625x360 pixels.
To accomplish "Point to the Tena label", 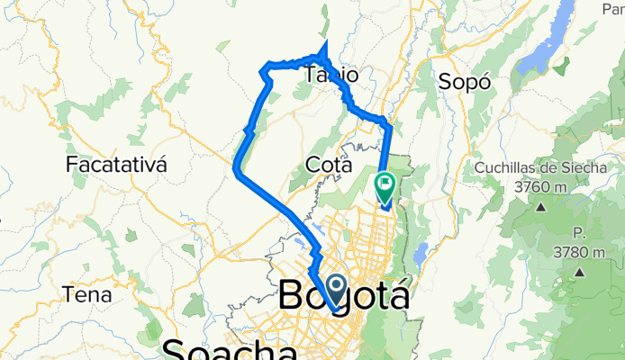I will click(x=87, y=294).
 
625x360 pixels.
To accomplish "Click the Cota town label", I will click(x=329, y=165).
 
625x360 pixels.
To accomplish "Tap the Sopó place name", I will click(x=466, y=81).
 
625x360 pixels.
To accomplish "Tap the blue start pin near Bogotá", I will click(x=335, y=290).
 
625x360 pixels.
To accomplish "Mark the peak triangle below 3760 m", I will click(x=542, y=206).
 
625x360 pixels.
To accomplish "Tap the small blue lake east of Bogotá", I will click(x=418, y=257).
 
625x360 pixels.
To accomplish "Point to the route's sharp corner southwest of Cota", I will click(x=236, y=167).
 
